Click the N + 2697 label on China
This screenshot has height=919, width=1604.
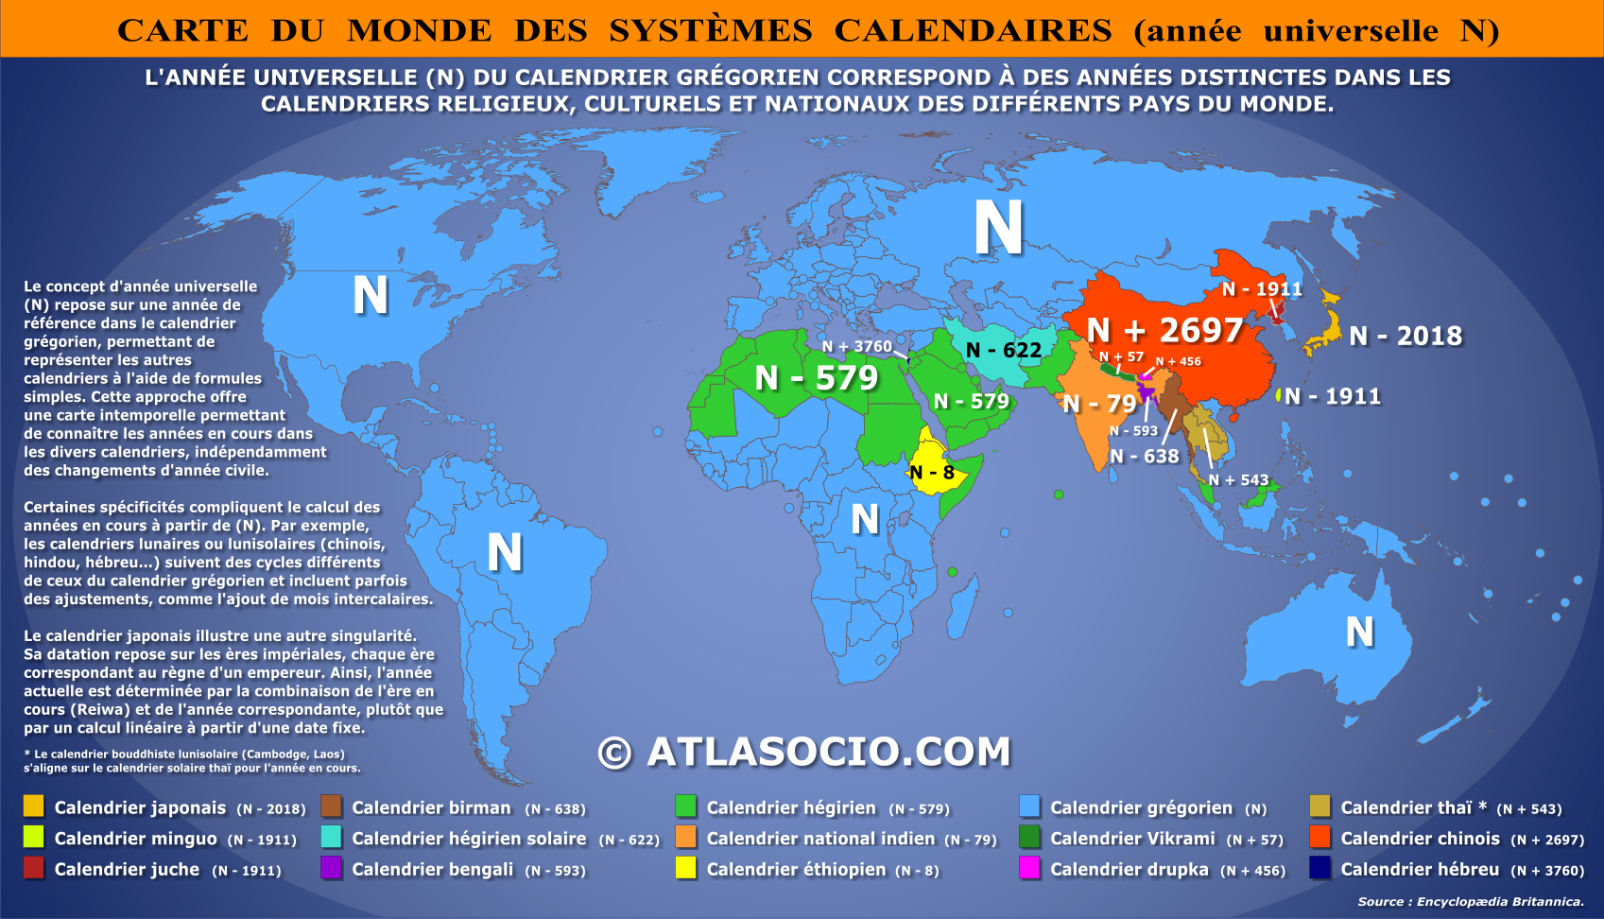pos(1164,330)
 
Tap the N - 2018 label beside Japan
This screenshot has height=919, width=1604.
pos(1406,336)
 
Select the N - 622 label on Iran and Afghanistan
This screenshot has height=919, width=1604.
pos(1004,350)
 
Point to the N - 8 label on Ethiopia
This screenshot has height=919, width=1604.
pos(932,473)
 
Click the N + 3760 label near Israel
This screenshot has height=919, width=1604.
pos(856,347)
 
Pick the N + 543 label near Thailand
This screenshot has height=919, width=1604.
pos(1238,480)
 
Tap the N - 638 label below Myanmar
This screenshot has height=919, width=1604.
pos(1145,457)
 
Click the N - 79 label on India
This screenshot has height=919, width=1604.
pos(1099,404)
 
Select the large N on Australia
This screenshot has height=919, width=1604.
pos(1359,632)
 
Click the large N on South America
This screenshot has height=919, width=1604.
pos(504,552)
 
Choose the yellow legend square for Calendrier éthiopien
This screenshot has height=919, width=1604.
pos(686,868)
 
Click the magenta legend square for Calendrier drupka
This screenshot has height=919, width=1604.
pos(1029,868)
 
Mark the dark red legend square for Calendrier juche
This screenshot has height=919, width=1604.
pos(34,868)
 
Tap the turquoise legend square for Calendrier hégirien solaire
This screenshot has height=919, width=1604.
pos(332,837)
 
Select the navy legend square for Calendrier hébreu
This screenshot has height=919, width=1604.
pos(1320,868)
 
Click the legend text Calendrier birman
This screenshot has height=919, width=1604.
pos(431,808)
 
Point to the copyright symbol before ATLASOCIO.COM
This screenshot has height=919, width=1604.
pos(615,753)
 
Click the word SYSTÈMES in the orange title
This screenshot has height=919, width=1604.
pos(710,30)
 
